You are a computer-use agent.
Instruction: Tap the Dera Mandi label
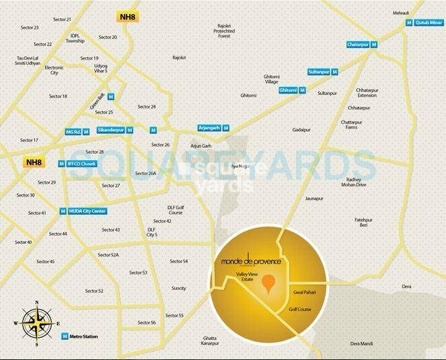[363, 324]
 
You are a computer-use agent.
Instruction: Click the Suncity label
[178, 287]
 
